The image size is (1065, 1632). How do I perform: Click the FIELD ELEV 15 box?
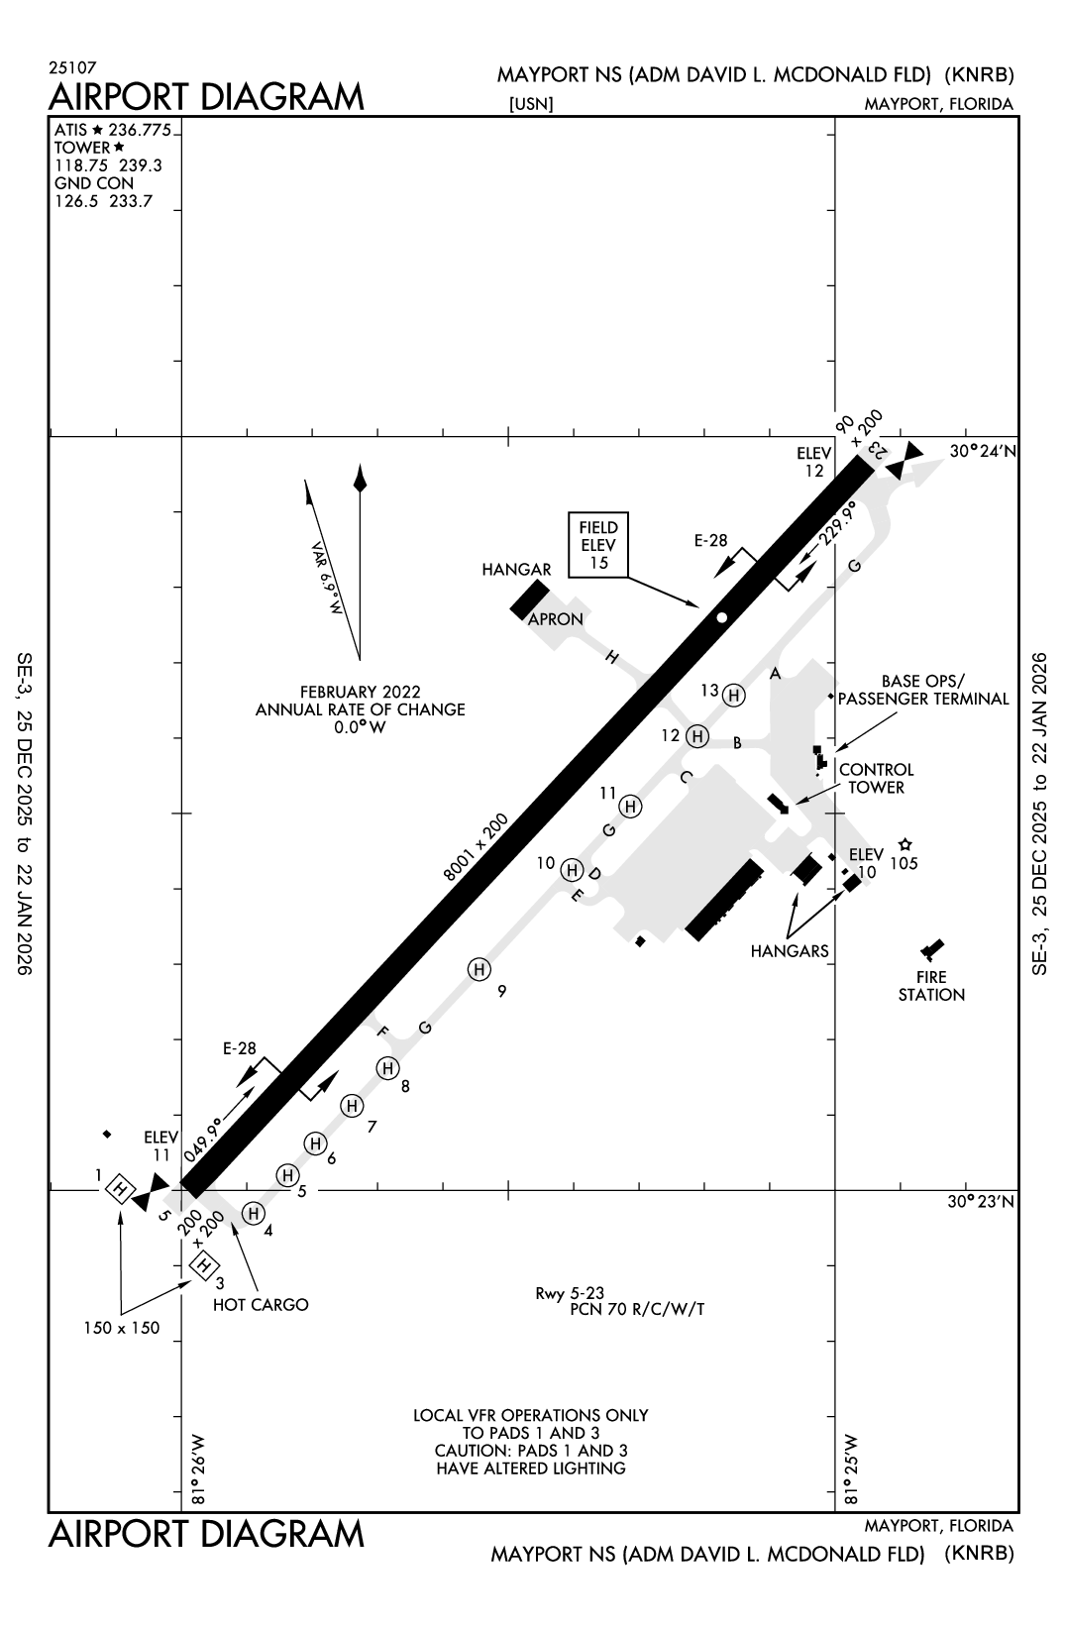(x=598, y=545)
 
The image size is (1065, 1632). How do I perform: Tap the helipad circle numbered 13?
(x=734, y=696)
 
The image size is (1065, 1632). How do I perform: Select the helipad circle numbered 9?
(x=479, y=969)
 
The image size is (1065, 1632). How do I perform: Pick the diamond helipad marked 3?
(x=204, y=1265)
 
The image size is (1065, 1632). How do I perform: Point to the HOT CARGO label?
(x=261, y=1305)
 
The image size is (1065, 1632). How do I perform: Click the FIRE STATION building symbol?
(x=931, y=949)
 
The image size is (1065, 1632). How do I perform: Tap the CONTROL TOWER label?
(x=876, y=778)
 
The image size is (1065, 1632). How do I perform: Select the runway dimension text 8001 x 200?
(x=476, y=847)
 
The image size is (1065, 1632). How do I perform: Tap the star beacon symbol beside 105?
(x=905, y=845)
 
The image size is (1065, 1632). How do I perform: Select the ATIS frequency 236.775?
(x=141, y=130)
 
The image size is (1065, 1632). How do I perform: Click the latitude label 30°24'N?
(x=981, y=451)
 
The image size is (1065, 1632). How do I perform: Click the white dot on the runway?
(x=722, y=617)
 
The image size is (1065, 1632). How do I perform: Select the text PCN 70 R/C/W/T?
(x=637, y=1309)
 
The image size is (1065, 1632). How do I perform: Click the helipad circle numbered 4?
(x=253, y=1213)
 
